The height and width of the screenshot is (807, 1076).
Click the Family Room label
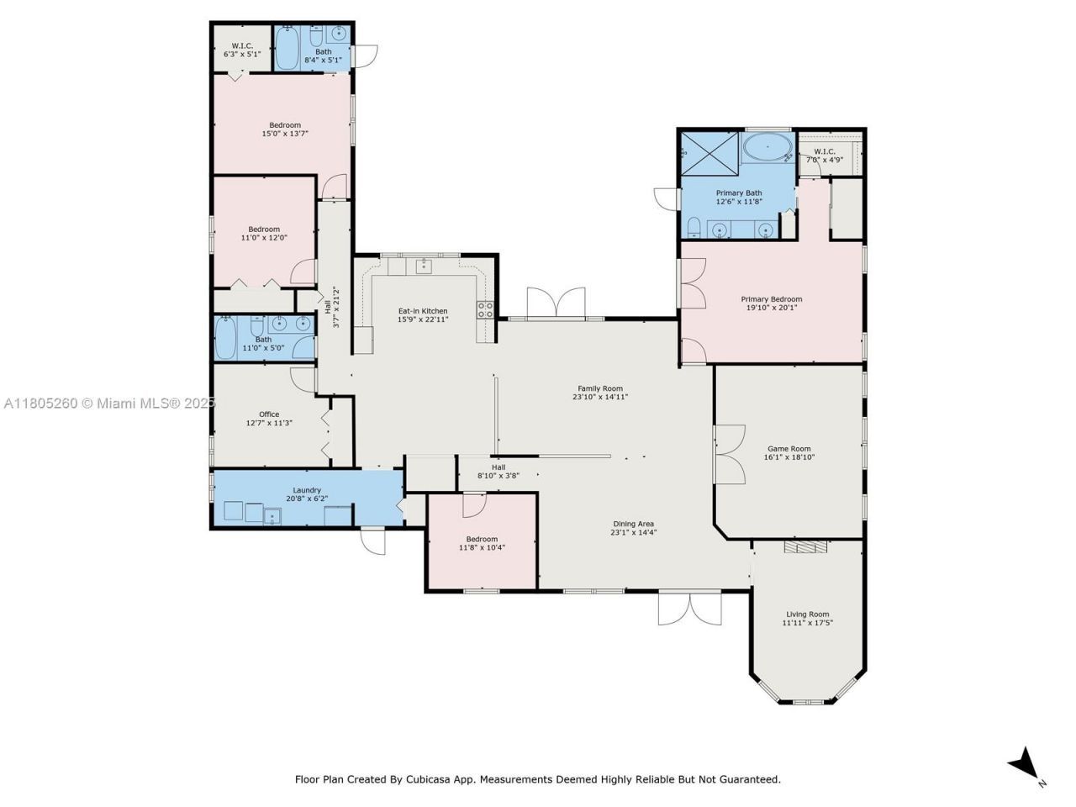pos(600,388)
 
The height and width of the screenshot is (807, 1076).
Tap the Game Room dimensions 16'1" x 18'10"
pos(789,457)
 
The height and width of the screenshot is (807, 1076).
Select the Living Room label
pos(807,614)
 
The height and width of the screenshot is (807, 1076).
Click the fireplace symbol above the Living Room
pos(805,547)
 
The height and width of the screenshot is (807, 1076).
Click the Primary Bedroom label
pos(771,299)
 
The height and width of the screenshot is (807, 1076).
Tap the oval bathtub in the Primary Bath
pos(767,150)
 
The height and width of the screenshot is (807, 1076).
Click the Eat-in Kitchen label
pos(423,311)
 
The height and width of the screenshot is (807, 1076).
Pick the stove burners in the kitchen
pos(485,309)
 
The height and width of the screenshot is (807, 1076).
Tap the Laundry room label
pos(307,490)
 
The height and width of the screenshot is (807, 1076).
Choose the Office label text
pos(269,414)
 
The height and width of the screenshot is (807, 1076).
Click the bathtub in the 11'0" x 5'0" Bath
pos(226,338)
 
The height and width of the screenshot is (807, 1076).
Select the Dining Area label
pos(633,524)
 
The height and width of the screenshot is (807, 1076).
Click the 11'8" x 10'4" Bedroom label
pos(482,539)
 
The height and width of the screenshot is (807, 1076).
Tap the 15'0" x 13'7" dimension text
pos(285,134)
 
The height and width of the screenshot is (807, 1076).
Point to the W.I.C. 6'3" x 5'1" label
pos(242,45)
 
